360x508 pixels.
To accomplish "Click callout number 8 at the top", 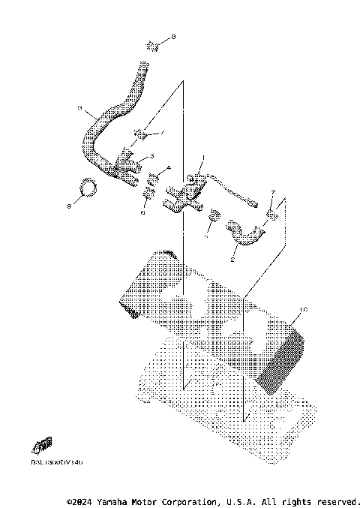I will [174, 36].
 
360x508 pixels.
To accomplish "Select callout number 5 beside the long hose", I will [79, 109].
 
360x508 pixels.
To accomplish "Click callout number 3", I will [152, 156].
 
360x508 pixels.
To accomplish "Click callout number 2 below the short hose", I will [233, 260].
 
